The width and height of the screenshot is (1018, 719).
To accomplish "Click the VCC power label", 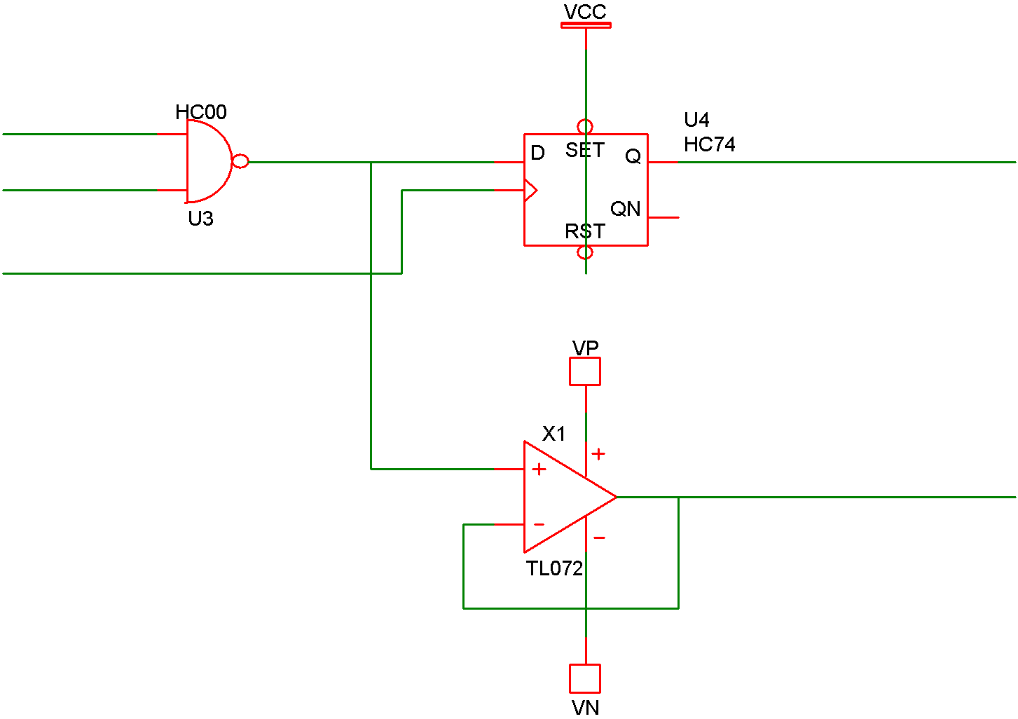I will (x=585, y=12).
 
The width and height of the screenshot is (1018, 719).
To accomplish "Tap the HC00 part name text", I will (x=201, y=112).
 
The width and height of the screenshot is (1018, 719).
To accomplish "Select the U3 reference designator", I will (x=200, y=219).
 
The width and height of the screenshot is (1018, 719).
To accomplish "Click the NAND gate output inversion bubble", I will (x=240, y=162).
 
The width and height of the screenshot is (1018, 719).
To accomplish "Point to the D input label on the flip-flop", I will (x=537, y=153).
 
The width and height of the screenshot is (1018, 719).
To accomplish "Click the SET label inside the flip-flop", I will (x=584, y=150).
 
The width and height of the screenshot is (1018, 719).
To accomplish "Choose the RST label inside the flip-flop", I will (x=584, y=231).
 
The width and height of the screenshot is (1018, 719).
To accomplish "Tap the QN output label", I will (x=625, y=209).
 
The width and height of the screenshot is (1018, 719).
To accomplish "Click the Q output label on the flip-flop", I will (x=633, y=156).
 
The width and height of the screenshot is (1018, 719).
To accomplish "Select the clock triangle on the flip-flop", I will (x=530, y=190).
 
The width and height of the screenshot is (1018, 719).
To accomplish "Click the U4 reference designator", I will (x=696, y=120).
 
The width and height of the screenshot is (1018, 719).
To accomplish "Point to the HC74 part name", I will (x=709, y=144).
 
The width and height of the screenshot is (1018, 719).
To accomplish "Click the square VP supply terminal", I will (x=585, y=371).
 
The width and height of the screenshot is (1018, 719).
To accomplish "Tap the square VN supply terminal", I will (x=585, y=678).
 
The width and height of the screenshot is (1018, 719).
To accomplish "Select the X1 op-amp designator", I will (x=553, y=434).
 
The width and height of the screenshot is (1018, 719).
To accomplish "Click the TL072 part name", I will (x=554, y=568).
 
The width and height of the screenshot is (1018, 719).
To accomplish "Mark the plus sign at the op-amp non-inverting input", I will (x=539, y=470).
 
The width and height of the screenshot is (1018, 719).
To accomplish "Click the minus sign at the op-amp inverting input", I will (x=539, y=524).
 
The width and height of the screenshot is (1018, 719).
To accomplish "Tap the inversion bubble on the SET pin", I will (x=585, y=127).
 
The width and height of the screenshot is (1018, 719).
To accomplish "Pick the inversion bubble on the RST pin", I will (x=585, y=252).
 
